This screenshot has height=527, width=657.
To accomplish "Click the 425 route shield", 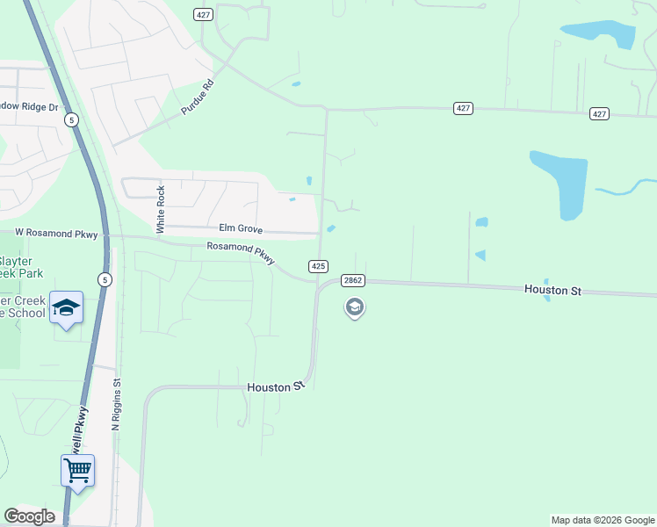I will [x=319, y=265].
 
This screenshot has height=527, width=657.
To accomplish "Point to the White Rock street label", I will [x=161, y=209].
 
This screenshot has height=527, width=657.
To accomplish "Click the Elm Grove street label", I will [x=241, y=229].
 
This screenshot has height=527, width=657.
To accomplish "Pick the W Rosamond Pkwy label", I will [x=56, y=234].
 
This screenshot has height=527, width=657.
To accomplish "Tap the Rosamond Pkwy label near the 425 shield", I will [x=241, y=252].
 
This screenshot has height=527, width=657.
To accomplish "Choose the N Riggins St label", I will [x=116, y=404].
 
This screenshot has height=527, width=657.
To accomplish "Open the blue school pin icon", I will [x=66, y=307].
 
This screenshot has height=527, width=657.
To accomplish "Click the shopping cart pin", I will [x=77, y=470].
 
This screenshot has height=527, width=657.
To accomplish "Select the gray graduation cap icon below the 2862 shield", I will [x=355, y=307].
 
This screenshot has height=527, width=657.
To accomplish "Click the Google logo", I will [x=29, y=516].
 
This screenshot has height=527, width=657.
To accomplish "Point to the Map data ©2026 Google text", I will [x=603, y=520].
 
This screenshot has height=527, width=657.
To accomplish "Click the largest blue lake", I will [x=560, y=183].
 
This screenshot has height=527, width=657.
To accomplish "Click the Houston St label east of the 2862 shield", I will [x=552, y=289].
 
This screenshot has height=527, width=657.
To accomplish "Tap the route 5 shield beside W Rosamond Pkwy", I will [x=105, y=279].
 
